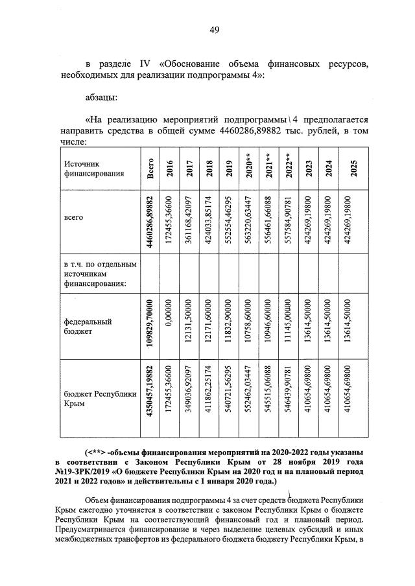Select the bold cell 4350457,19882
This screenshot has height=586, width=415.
click(150, 399)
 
